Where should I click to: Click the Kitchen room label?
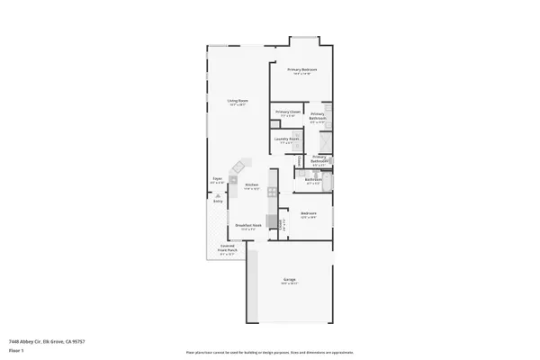click(252, 186)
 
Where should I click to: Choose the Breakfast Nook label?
click(248, 226)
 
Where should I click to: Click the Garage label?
click(290, 282)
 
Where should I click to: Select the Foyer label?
click(217, 180)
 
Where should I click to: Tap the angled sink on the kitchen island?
click(239, 168)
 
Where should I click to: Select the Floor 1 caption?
click(15, 348)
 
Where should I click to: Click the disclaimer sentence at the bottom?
click(269, 353)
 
